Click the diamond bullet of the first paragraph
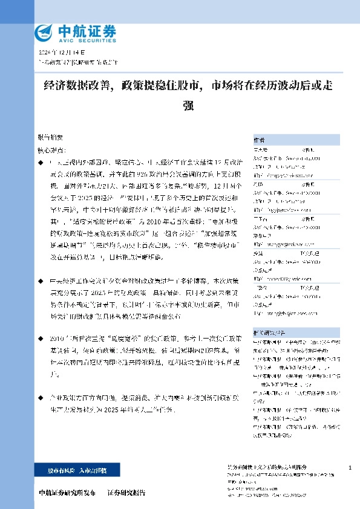(41, 163)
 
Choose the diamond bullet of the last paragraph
(41, 400)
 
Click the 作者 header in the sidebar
(259, 139)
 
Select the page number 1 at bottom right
(350, 468)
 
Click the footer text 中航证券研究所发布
(67, 493)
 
